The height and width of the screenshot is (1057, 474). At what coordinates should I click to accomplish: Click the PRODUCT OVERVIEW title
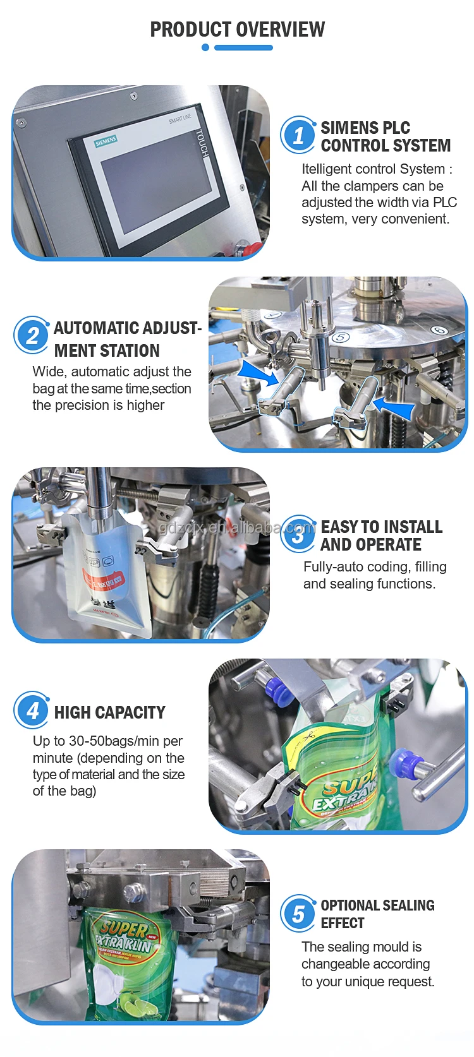pyautogui.click(x=237, y=29)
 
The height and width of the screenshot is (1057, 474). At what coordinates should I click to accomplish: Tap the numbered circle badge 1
pyautogui.click(x=298, y=135)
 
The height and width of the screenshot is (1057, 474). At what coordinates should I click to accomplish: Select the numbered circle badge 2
pyautogui.click(x=32, y=335)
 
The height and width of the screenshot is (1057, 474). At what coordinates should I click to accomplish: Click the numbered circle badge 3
pyautogui.click(x=298, y=535)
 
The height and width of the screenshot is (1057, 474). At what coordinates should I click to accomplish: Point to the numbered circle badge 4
pyautogui.click(x=32, y=711)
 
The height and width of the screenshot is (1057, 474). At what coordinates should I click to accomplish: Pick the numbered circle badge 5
pyautogui.click(x=298, y=914)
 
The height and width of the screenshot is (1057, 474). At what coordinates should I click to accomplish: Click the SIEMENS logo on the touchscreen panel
pyautogui.click(x=106, y=141)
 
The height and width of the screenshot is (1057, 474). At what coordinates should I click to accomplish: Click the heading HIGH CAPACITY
pyautogui.click(x=109, y=713)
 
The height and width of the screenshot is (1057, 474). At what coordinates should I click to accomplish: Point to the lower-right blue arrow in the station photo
pyautogui.click(x=393, y=406)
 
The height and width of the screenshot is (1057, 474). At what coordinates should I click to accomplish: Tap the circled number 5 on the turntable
pyautogui.click(x=340, y=337)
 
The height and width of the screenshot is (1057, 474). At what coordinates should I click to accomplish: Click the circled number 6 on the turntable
pyautogui.click(x=439, y=330)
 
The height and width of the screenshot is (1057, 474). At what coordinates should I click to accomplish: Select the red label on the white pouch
pyautogui.click(x=106, y=579)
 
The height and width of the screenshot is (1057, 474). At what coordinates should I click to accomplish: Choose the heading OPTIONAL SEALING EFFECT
pyautogui.click(x=377, y=914)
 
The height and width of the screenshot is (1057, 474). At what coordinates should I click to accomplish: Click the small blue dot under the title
pyautogui.click(x=205, y=47)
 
